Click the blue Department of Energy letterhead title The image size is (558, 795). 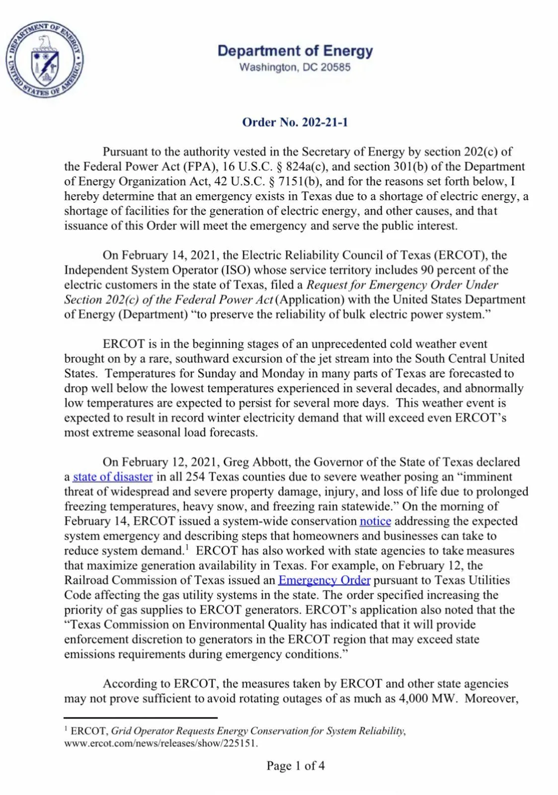(295, 51)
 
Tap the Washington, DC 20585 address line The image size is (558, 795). (295, 67)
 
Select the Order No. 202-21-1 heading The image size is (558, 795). (295, 122)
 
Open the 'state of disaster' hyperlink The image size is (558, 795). (113, 477)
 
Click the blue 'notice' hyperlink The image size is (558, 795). (375, 521)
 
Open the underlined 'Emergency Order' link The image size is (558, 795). (324, 580)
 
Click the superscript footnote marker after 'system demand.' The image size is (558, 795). (187, 548)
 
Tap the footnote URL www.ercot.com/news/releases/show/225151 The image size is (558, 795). (161, 744)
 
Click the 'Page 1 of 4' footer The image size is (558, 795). (295, 766)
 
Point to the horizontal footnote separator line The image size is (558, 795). (141, 717)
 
